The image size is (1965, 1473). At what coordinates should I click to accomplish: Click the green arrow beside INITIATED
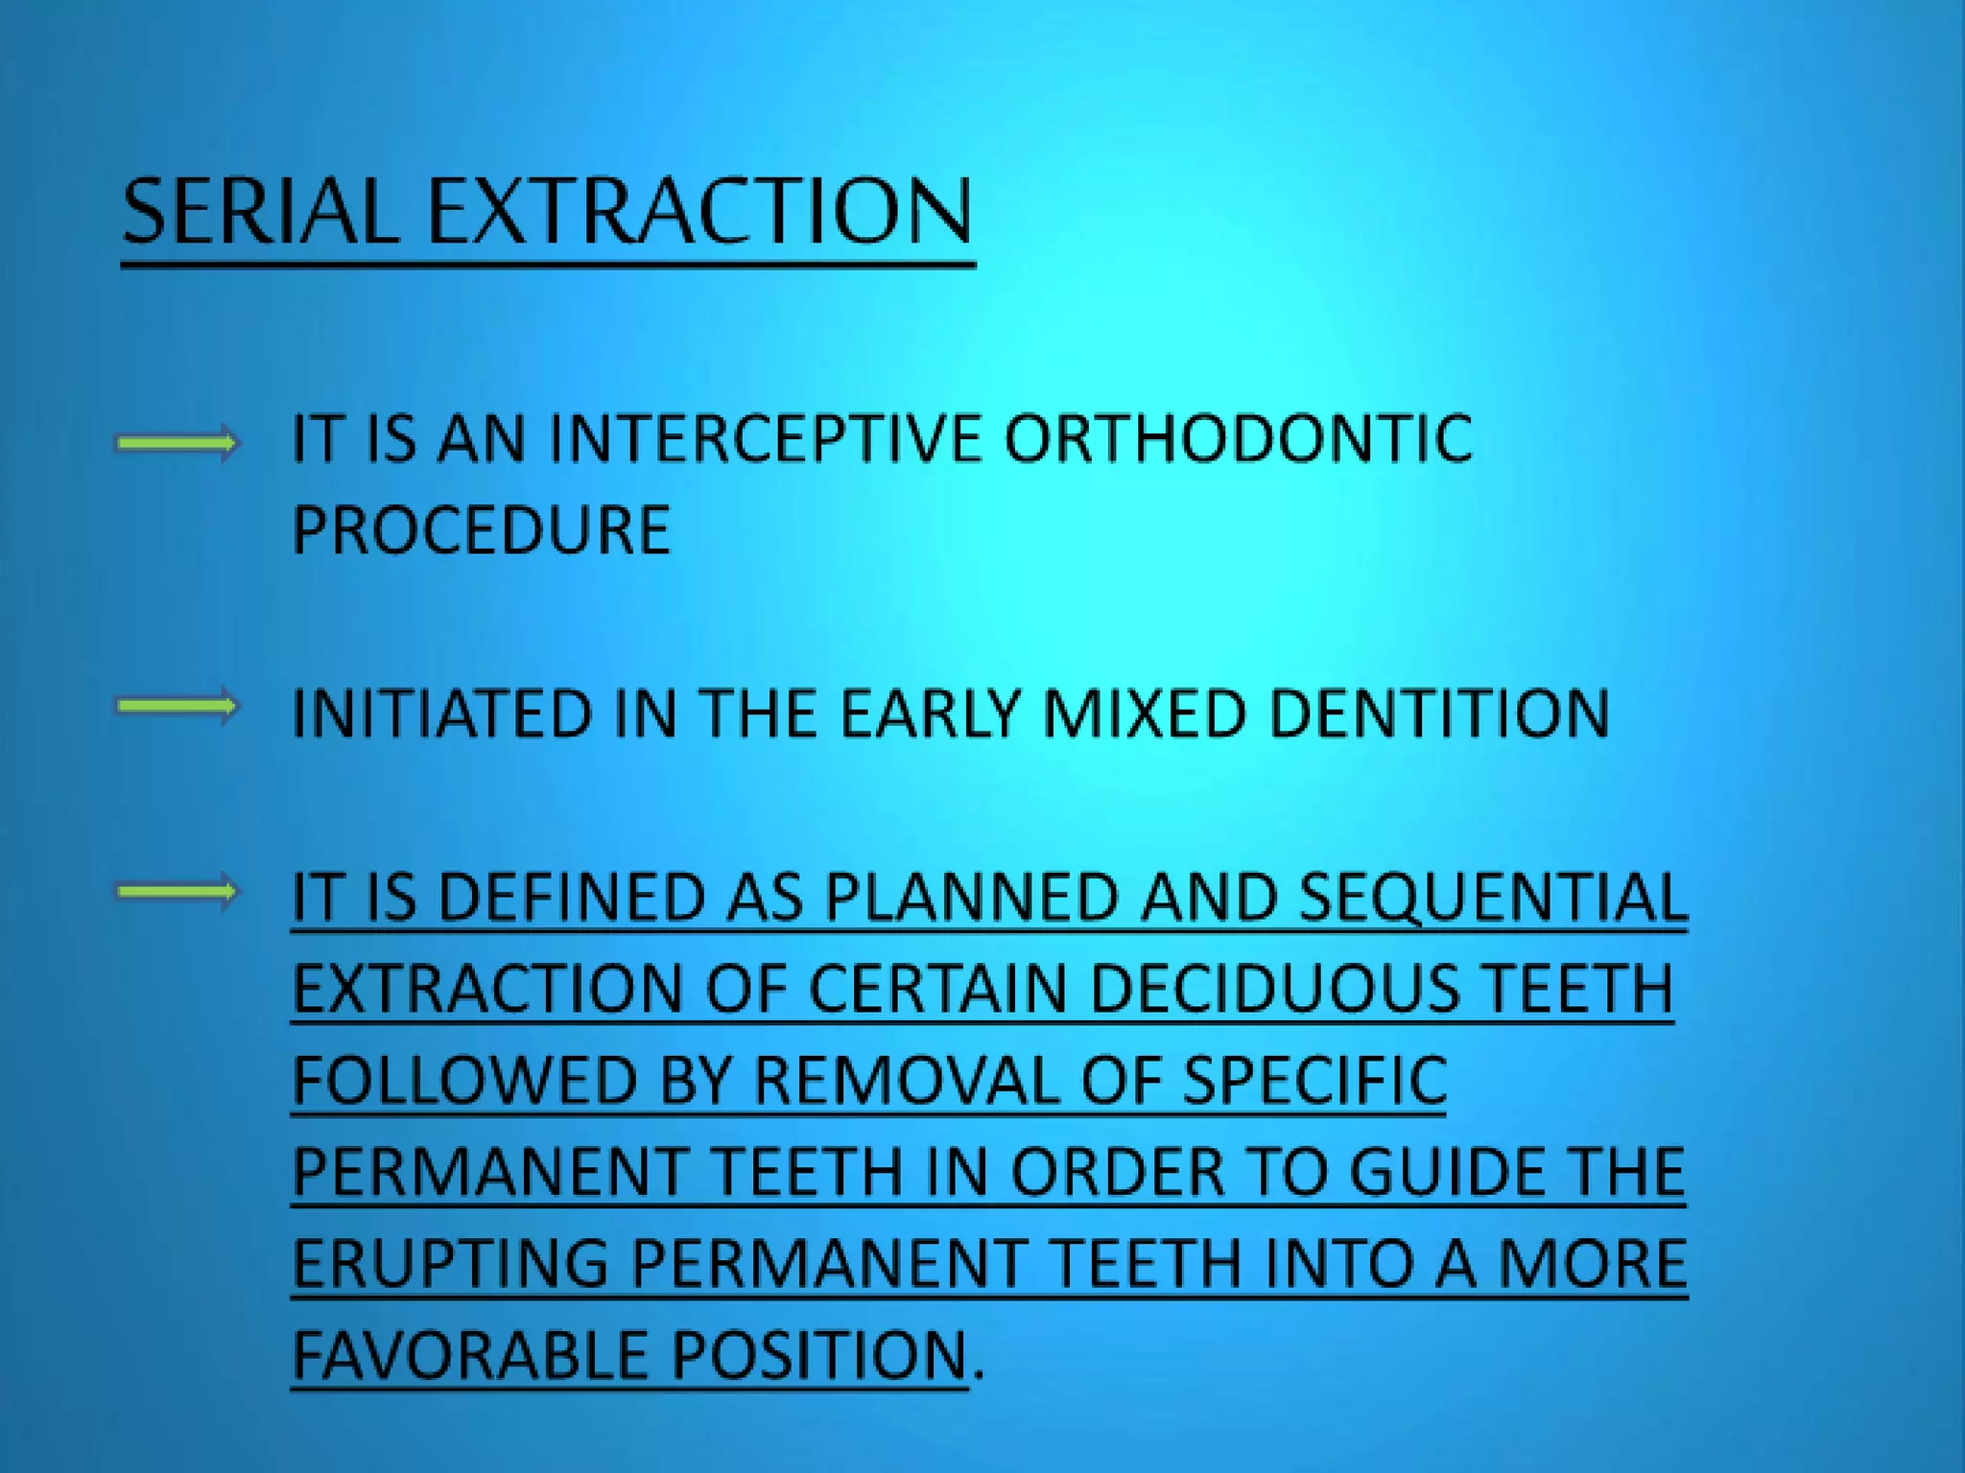point(177,708)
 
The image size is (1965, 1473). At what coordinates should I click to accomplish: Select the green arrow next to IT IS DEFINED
point(177,893)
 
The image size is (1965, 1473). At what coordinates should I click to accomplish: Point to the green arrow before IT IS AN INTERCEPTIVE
point(177,443)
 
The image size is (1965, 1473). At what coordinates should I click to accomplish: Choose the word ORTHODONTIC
point(1238,439)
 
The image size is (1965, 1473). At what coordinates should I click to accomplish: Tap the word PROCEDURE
point(481,529)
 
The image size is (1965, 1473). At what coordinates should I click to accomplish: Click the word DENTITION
point(1439,713)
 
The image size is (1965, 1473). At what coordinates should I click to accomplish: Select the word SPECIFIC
point(1314,1081)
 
